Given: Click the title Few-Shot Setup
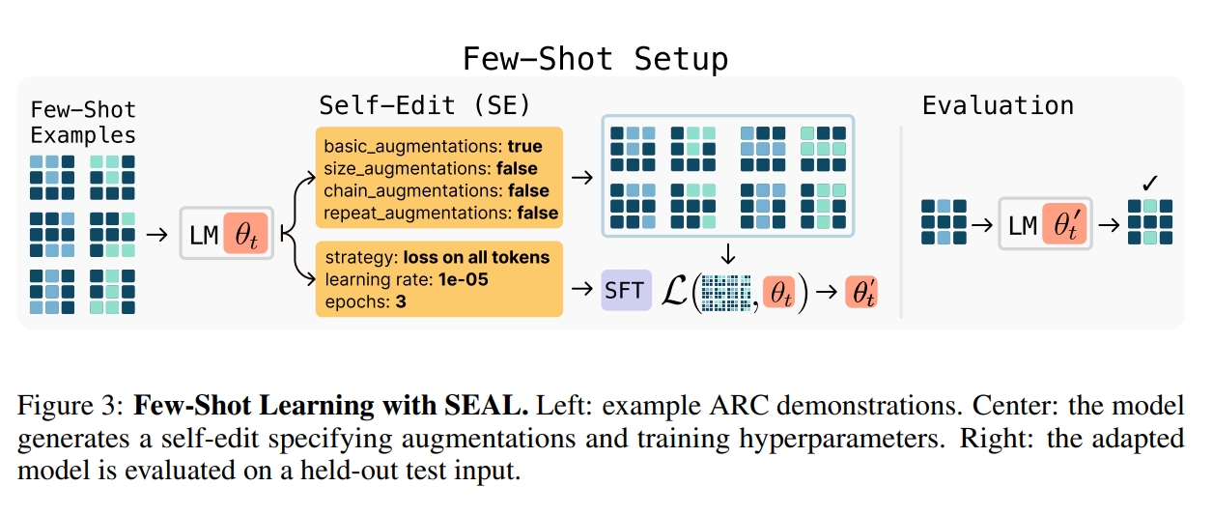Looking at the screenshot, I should tap(595, 59).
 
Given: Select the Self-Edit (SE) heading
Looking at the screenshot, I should tap(425, 105).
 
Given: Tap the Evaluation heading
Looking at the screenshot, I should tap(998, 105).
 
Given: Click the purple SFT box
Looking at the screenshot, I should tap(626, 290).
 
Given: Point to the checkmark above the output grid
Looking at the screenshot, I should tap(1149, 183).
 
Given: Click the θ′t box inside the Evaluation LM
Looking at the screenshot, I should tap(1065, 226).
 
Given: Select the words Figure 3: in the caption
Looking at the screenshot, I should tap(71, 407).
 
